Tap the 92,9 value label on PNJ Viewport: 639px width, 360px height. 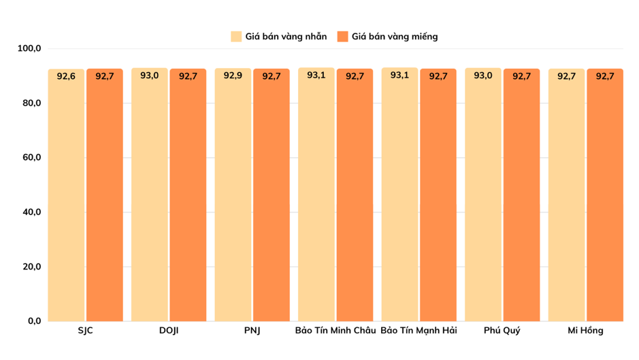coord(233,76)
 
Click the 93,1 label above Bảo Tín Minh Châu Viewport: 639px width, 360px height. coord(316,75)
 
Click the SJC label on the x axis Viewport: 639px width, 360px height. coord(85,331)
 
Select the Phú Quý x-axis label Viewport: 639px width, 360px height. coord(502,331)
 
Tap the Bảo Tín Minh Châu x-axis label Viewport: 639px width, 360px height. coord(335,331)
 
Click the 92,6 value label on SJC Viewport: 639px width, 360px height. coord(66,76)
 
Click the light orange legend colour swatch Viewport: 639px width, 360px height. coord(236,36)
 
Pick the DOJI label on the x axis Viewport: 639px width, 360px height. coord(169,331)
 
